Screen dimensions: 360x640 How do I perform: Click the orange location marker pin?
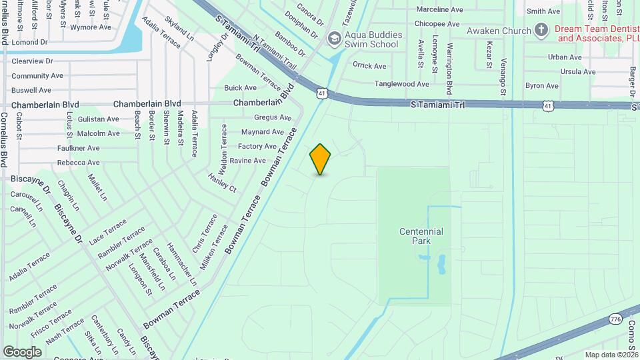tap(320, 159)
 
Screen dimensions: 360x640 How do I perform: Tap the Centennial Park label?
tap(421, 236)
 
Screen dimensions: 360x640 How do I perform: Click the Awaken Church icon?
tap(541, 30)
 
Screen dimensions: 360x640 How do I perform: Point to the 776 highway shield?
tap(615, 320)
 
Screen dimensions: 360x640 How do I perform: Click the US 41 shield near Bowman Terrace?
tap(322, 94)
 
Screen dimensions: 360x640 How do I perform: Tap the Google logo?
tap(22, 352)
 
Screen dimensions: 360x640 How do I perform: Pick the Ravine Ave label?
tap(247, 161)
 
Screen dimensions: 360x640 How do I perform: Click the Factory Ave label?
tap(257, 146)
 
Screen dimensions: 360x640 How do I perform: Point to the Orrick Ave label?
tap(369, 66)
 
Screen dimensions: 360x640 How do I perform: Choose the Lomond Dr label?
tap(30, 41)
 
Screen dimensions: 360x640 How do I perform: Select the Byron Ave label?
tap(541, 86)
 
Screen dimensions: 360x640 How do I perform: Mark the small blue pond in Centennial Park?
tap(441, 265)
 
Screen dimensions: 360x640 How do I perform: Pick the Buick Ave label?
tap(240, 88)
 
